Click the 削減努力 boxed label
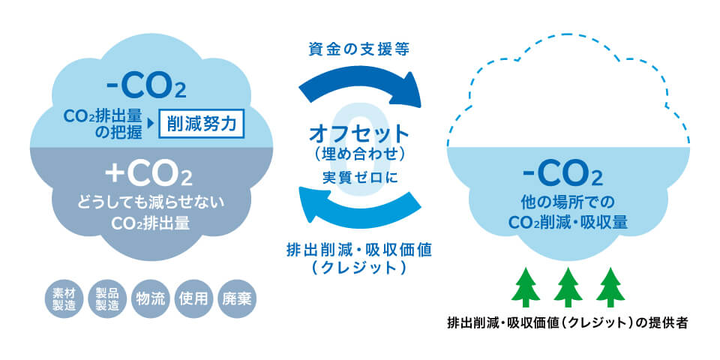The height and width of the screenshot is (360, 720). [202, 124]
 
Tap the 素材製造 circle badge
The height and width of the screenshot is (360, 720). [64, 298]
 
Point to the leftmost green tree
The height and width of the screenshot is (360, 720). [525, 285]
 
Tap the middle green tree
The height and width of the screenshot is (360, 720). [568, 285]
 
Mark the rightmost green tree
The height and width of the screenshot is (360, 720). [610, 285]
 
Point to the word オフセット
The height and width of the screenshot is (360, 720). [360, 135]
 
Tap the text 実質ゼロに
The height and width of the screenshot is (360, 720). [360, 178]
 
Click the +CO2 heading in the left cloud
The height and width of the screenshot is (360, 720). [148, 174]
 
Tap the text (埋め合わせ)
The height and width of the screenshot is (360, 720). [360, 155]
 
